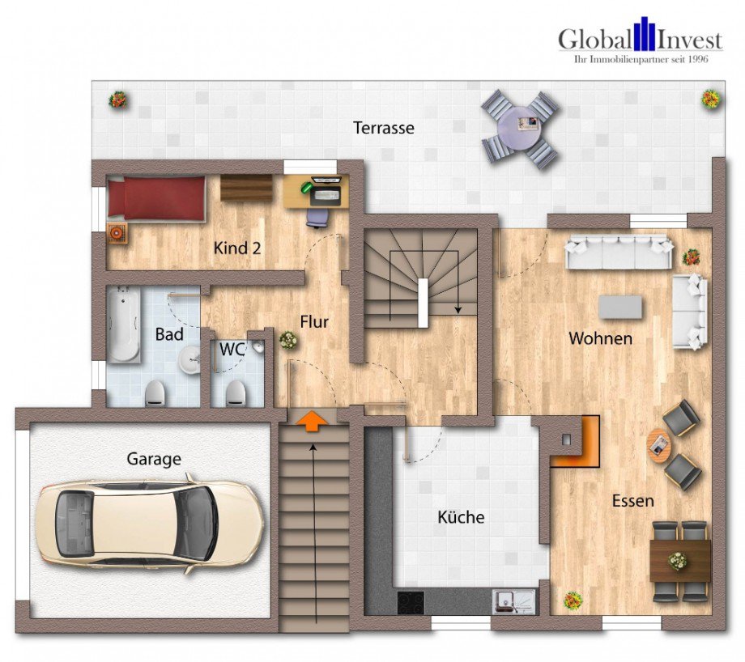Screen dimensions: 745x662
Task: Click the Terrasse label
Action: click(383, 128)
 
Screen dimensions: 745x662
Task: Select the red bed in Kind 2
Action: click(155, 198)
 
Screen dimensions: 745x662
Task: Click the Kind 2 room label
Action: click(237, 248)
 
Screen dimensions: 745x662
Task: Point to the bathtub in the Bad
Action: click(123, 325)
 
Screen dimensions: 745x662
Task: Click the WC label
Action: click(232, 350)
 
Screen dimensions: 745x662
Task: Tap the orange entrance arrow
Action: click(311, 421)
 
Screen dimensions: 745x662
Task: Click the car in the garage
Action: click(150, 524)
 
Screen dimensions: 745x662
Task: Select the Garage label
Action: click(154, 459)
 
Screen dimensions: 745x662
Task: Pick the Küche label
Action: click(461, 516)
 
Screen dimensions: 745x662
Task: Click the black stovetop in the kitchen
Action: click(411, 602)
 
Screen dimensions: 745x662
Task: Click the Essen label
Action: click(633, 501)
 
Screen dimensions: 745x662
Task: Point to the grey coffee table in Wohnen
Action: click(620, 308)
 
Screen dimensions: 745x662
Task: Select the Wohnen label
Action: click(601, 338)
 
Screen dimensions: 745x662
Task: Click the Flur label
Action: click(314, 322)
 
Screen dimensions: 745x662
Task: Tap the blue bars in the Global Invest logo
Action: click(644, 34)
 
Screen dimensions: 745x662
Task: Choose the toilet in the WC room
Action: click(236, 393)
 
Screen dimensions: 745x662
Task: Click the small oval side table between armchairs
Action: click(658, 445)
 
